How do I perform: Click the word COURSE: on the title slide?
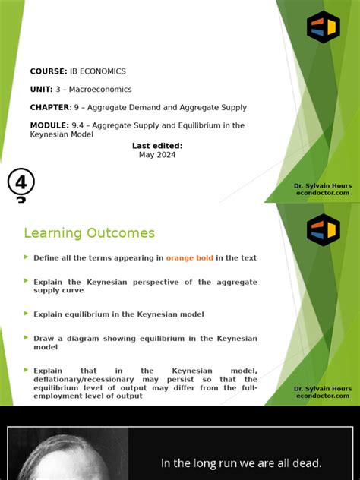(x=49, y=71)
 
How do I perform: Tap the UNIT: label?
(x=41, y=90)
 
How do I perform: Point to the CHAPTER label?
(x=50, y=108)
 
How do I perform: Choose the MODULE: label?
(x=50, y=125)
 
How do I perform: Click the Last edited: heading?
(x=157, y=145)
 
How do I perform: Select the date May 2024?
(x=157, y=155)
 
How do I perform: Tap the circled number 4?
(x=21, y=183)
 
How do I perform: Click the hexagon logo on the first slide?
(x=323, y=27)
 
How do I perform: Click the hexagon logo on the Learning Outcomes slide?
(x=323, y=230)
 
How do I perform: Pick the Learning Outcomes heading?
(x=89, y=233)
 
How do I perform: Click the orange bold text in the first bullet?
(x=189, y=258)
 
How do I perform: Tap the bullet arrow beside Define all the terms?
(x=27, y=258)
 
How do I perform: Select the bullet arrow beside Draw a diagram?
(x=27, y=339)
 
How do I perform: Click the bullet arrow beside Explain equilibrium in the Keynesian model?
(x=27, y=314)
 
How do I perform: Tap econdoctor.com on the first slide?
(x=323, y=193)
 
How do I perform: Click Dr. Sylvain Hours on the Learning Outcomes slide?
(x=323, y=388)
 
